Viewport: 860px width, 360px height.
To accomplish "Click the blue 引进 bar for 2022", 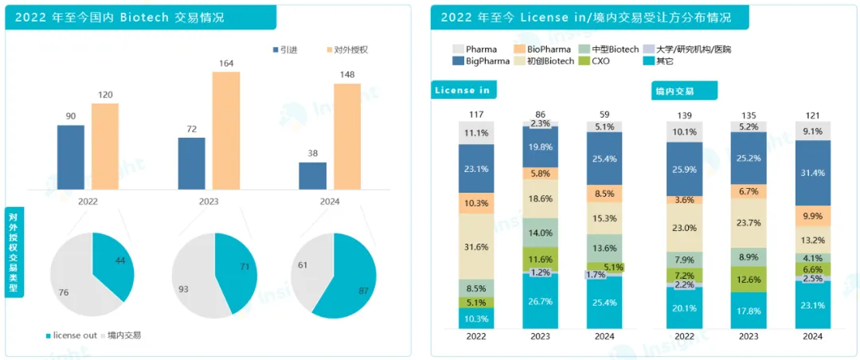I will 71,157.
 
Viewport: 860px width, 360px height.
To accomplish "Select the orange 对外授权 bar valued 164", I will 225,130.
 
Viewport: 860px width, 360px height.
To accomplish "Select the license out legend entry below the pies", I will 71,335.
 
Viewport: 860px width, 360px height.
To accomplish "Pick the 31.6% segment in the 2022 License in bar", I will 475,246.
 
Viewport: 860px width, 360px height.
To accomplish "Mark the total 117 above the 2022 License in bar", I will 476,115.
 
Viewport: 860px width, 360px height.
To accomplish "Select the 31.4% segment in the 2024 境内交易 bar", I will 812,173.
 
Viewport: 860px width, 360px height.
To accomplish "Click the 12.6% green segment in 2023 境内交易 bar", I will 749,278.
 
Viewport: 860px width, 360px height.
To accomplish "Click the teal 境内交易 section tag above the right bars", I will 683,92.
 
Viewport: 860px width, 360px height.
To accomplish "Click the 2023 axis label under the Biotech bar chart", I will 209,202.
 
